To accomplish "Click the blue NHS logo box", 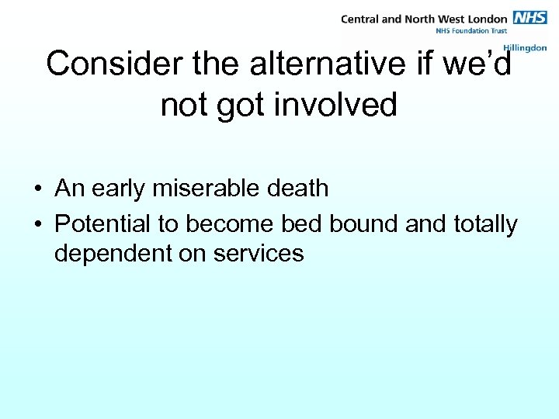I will tap(530, 18).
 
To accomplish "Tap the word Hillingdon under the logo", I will tap(525, 48).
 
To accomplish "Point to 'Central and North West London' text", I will tap(424, 19).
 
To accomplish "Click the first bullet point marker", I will tap(36, 189).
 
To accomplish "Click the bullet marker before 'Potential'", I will tap(36, 225).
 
